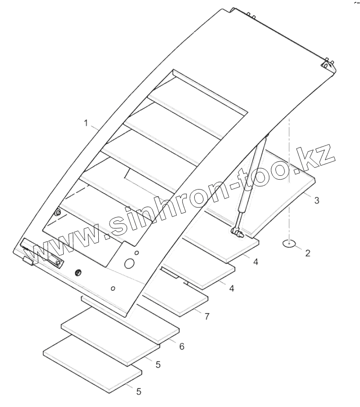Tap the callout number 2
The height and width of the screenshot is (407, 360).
308,253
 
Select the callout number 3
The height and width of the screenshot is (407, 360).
317,200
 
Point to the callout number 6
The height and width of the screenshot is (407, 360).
181,346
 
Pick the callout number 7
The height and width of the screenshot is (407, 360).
206,316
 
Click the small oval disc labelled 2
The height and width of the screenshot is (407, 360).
289,243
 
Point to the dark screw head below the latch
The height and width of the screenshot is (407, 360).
78,272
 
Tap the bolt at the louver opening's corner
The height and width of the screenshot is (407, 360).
58,213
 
